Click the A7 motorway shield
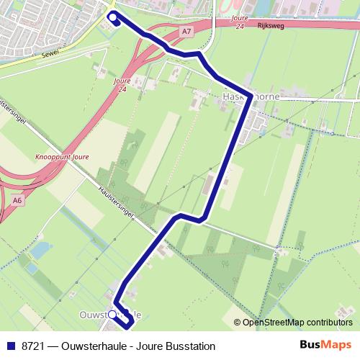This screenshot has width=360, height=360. pos(187,32)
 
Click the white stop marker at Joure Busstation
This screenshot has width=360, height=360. pos(112,15)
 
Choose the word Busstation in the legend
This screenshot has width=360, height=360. pos(189,346)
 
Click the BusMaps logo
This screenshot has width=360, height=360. pos(326,346)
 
